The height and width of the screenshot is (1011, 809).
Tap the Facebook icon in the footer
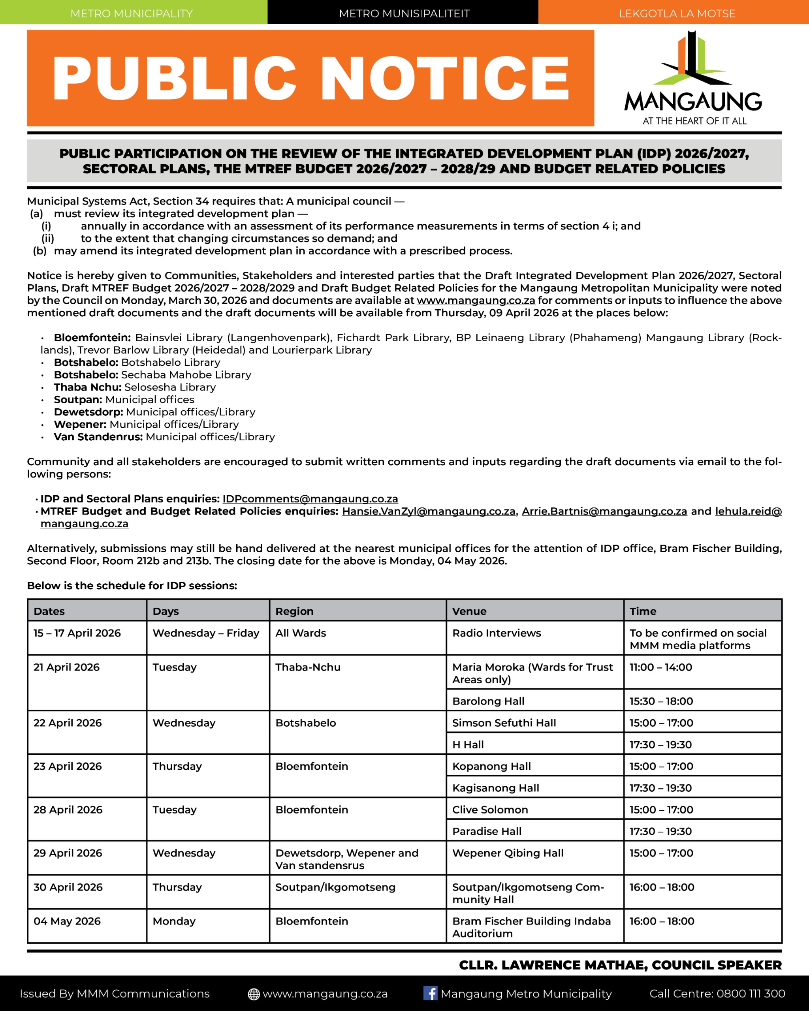click(x=430, y=993)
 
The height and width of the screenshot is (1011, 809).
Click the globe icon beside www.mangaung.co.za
click(x=254, y=994)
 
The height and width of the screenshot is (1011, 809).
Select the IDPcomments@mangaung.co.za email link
click(x=310, y=499)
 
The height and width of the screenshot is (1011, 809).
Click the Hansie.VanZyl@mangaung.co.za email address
click(x=428, y=511)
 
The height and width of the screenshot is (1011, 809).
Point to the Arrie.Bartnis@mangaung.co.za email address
click(x=604, y=511)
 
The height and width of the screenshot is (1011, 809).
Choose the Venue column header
click(x=469, y=611)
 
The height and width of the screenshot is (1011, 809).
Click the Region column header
click(x=295, y=611)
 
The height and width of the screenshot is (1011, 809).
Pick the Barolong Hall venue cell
click(x=488, y=701)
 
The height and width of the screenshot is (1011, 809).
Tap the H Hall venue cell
click(x=468, y=745)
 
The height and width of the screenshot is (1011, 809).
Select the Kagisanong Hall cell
click(x=496, y=788)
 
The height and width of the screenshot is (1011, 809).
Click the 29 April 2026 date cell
click(x=68, y=853)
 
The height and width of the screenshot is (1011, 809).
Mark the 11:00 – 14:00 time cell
click(x=660, y=667)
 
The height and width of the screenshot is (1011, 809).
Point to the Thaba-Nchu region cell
click(x=308, y=667)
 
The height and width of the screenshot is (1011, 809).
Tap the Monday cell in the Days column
click(x=174, y=921)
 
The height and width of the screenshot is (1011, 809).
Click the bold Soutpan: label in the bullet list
click(x=78, y=400)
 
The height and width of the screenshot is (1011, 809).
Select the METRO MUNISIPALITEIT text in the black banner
click(x=404, y=13)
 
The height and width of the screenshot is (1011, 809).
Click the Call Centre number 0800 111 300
click(x=751, y=994)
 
